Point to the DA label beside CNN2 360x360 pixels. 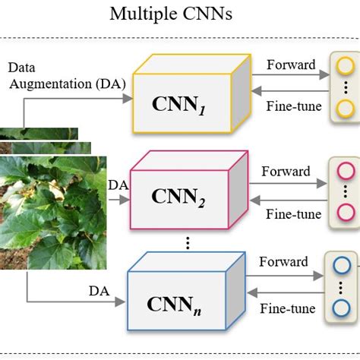tap(118, 185)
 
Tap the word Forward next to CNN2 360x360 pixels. tap(286, 171)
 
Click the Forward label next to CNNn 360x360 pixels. tap(283, 262)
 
